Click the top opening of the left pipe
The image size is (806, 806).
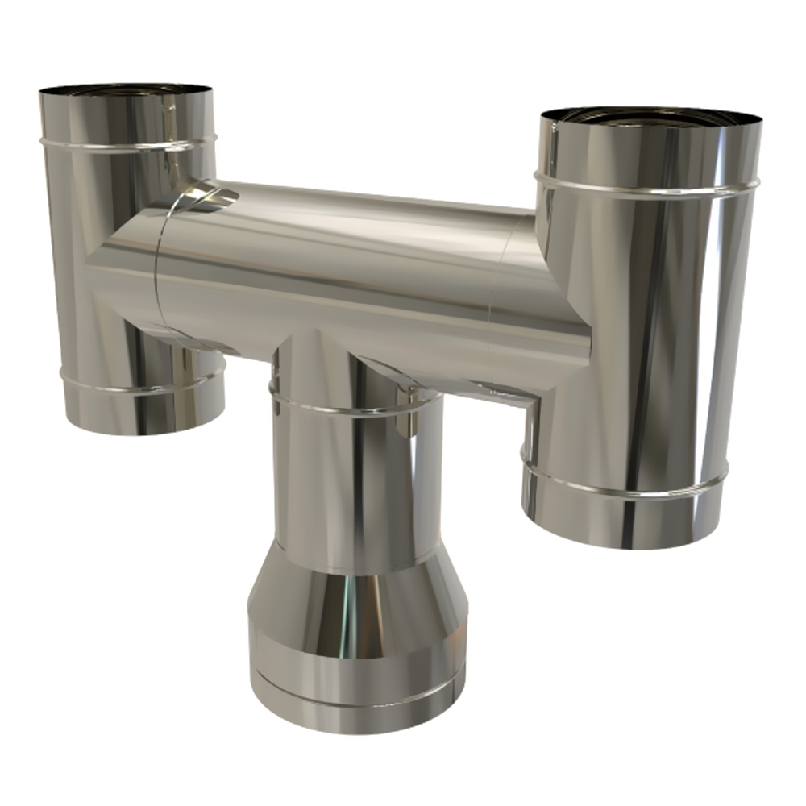[127, 89]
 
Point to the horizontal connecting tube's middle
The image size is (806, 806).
[339, 258]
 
